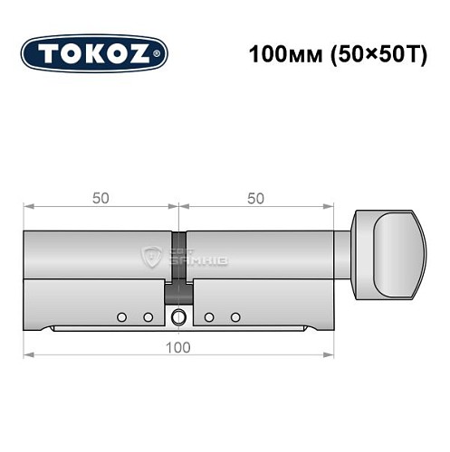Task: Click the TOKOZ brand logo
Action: [x=94, y=53]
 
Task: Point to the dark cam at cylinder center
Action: [x=178, y=263]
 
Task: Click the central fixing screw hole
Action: [x=178, y=317]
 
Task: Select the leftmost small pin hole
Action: [x=121, y=317]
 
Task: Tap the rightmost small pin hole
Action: [x=235, y=317]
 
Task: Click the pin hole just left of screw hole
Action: [x=147, y=317]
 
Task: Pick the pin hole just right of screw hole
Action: [x=210, y=317]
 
